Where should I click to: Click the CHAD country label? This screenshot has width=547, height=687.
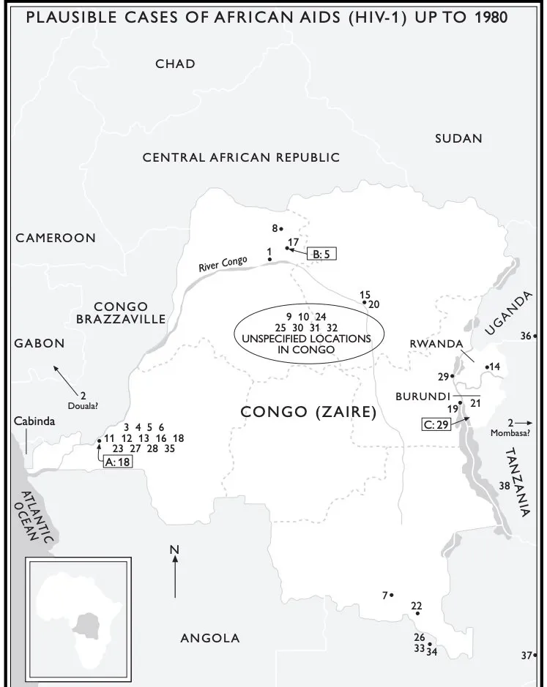click(x=175, y=64)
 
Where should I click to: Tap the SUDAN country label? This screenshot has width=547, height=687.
click(x=458, y=138)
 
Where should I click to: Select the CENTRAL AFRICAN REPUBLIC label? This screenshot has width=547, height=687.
click(x=241, y=157)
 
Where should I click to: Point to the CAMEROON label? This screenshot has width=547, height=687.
click(x=56, y=238)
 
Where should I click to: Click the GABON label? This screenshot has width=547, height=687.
click(x=39, y=343)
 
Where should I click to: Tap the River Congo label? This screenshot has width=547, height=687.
click(x=223, y=264)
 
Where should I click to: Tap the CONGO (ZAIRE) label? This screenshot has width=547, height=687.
click(x=308, y=413)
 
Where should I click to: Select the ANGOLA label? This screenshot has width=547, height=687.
click(x=210, y=638)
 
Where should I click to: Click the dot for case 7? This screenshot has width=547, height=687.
click(x=392, y=596)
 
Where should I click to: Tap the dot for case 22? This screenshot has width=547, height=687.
click(x=417, y=613)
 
